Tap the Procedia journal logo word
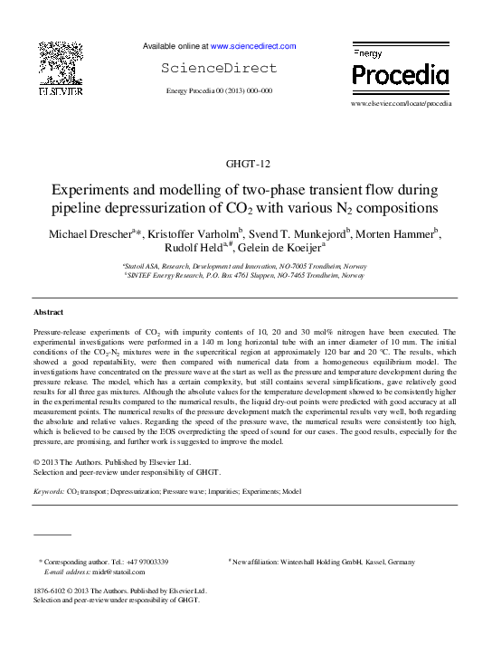click(400, 74)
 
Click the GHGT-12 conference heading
click(246, 164)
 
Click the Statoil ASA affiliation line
click(245, 267)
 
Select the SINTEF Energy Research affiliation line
click(245, 277)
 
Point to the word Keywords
click(48, 491)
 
